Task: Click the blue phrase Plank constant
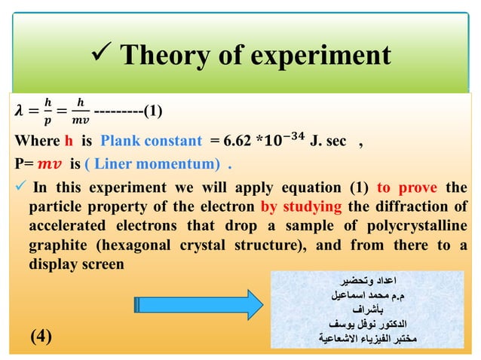151,140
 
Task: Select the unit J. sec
325,140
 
